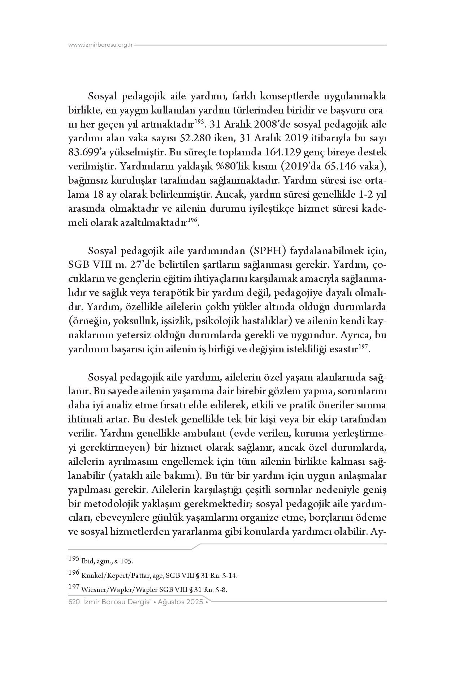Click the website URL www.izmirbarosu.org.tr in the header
pos(101,45)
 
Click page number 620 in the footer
pos(74,602)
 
